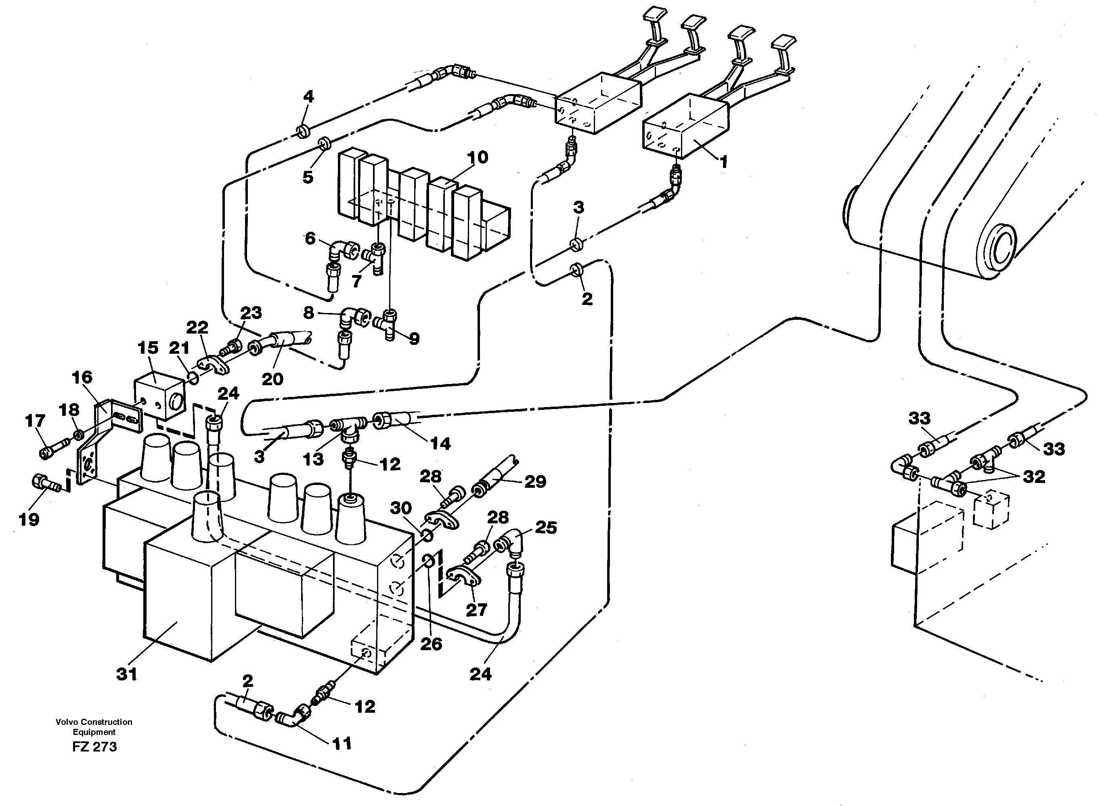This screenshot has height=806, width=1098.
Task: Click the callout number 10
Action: tap(477, 157)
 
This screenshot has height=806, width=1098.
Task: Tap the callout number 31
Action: tap(127, 674)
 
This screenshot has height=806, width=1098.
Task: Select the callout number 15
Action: tap(148, 348)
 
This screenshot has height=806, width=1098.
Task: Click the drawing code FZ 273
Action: tap(94, 747)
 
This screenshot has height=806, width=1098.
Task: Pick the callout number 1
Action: tap(724, 162)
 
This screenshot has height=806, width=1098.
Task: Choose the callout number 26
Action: tap(431, 644)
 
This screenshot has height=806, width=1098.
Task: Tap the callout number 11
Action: tap(342, 744)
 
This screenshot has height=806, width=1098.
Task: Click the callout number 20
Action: tap(272, 379)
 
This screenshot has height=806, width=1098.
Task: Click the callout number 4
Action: tap(308, 97)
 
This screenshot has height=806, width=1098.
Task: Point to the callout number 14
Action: tap(440, 443)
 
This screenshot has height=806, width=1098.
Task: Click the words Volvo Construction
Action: tap(94, 722)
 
